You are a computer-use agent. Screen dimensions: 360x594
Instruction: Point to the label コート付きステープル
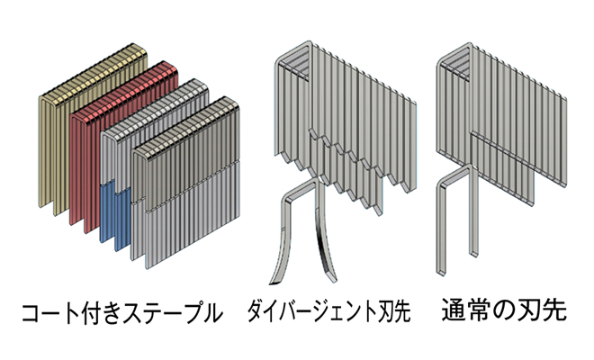pos(121,314)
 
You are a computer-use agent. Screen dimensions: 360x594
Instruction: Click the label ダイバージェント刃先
pos(328,313)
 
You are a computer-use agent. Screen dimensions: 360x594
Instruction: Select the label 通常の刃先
pos(504,310)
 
